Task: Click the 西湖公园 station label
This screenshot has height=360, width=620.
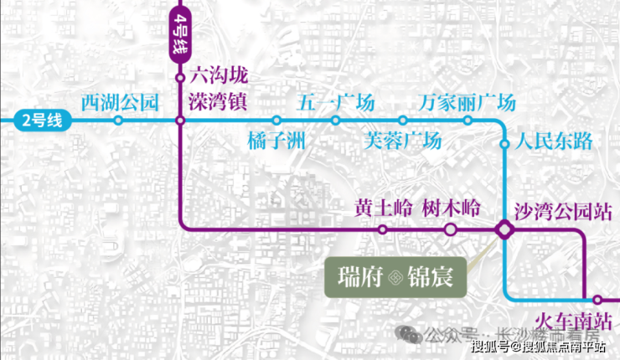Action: [x=119, y=103]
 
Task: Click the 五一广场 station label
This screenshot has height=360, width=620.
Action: [x=336, y=103]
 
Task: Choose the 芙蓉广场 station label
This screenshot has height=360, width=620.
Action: [x=402, y=140]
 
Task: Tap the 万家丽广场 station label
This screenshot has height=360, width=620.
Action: [x=467, y=103]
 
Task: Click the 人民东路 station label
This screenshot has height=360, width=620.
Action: [x=555, y=141]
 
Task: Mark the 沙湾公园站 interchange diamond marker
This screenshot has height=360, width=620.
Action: [x=505, y=229]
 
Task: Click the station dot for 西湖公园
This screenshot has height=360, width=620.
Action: [x=119, y=121]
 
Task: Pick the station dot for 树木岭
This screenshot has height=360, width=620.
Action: [x=450, y=229]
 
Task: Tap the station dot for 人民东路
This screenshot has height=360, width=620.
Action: [x=504, y=144]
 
